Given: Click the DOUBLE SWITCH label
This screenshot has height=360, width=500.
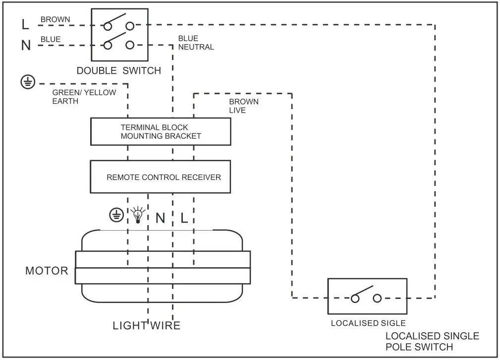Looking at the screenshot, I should [118, 70].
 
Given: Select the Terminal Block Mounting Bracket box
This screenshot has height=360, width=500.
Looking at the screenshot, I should [161, 131].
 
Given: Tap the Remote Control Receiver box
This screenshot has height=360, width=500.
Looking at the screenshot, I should [161, 177].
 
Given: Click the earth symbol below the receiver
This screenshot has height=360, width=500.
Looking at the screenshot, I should [116, 215].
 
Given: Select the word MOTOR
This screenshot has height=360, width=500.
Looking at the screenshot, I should [47, 271].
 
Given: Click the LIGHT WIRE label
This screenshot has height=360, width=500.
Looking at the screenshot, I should [146, 326].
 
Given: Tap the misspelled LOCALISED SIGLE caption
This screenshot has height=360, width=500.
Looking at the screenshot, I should [368, 323].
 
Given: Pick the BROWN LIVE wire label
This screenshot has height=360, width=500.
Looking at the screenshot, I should [243, 106].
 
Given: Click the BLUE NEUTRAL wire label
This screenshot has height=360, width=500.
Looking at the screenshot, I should [196, 43].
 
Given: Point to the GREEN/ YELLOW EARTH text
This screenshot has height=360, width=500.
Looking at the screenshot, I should [84, 97].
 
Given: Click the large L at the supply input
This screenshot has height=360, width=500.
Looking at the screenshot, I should [25, 24].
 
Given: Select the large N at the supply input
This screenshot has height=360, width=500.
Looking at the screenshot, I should [26, 46].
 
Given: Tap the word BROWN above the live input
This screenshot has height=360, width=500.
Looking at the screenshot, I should [55, 20].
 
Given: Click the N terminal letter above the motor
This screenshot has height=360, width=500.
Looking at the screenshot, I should [160, 218].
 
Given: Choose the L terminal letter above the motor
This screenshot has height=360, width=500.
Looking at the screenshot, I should [184, 218].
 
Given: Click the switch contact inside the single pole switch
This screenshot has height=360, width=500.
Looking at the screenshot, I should [366, 294].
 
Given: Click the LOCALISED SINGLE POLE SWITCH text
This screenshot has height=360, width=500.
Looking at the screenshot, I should [432, 341].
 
